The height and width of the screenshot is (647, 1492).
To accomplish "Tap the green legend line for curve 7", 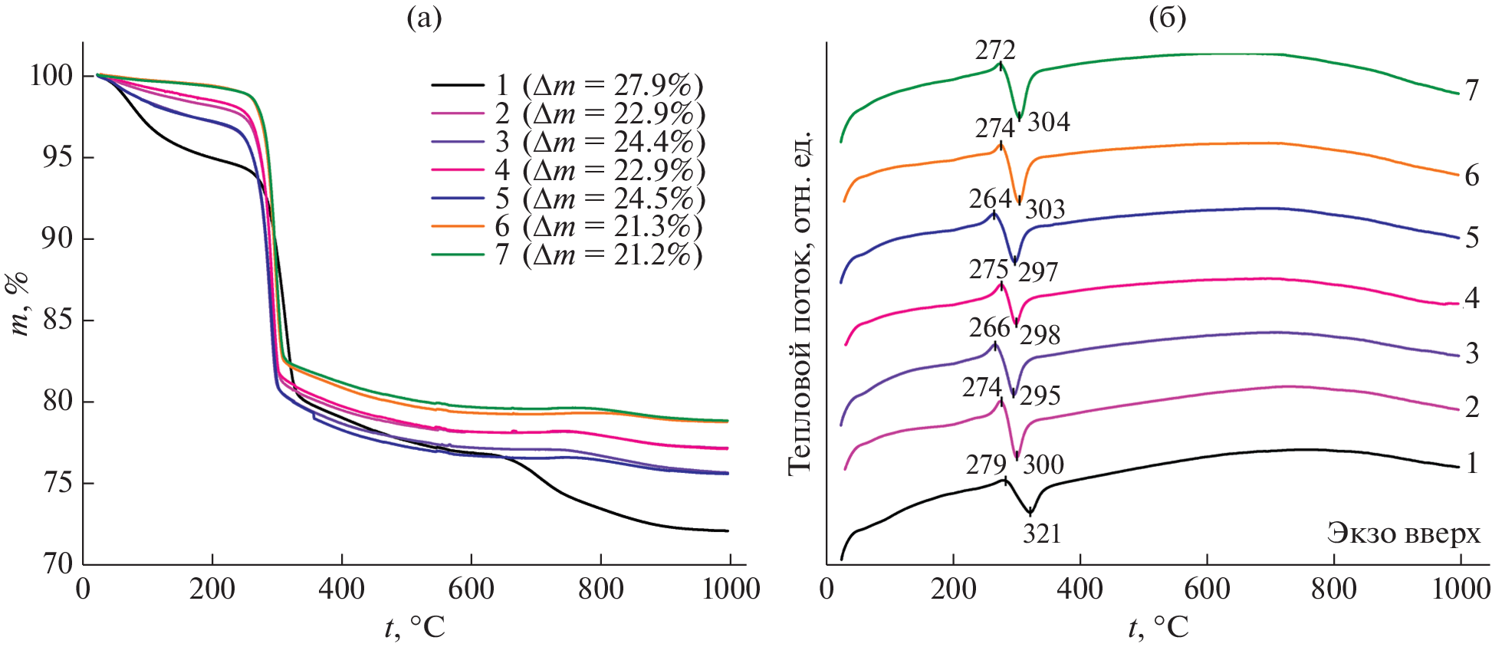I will point(458,255).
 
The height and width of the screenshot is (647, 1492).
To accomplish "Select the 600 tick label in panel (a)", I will point(471,590).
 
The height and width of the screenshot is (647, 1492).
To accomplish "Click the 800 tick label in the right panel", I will point(1333,590).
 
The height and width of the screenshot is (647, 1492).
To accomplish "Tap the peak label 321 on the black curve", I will point(1042,534).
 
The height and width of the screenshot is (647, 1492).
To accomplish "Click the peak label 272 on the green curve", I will point(995,51).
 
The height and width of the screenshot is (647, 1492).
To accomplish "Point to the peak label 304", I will point(1048,122).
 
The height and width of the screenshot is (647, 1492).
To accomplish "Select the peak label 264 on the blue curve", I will point(989,199).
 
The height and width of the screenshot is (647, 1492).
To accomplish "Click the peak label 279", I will point(985,465).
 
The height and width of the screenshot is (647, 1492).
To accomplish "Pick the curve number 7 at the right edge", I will point(1471,91).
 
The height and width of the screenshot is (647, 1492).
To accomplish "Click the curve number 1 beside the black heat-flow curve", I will point(1471,463).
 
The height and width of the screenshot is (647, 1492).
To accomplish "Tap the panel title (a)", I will point(424,18).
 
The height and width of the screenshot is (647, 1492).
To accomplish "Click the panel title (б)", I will point(1167,18).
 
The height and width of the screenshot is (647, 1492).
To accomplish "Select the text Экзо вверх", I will point(1403,533).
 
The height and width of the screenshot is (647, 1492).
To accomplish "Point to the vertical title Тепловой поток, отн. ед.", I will point(799,303).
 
